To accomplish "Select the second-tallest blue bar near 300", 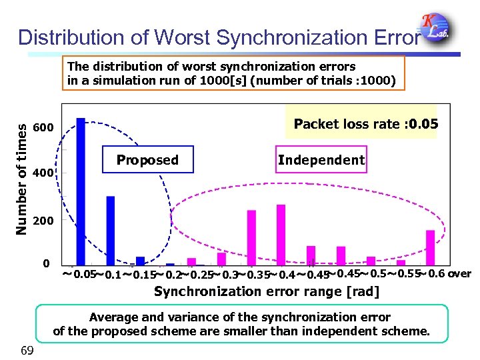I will tap(111, 231).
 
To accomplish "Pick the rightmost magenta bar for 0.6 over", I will tap(430, 247).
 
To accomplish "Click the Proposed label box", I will tap(147, 159).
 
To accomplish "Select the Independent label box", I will tap(321, 159).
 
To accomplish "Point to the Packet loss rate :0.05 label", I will tap(365, 123).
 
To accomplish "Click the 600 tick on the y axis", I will tap(42, 127).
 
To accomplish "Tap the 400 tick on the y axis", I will tap(42, 173).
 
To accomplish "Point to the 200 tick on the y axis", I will tap(42, 220).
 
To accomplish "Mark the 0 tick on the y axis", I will tap(45, 264).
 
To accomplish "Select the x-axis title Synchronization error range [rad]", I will tap(267, 291).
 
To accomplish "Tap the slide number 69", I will tap(28, 350).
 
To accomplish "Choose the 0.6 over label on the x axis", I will tap(451, 273).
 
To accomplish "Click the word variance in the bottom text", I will tap(162, 317).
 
